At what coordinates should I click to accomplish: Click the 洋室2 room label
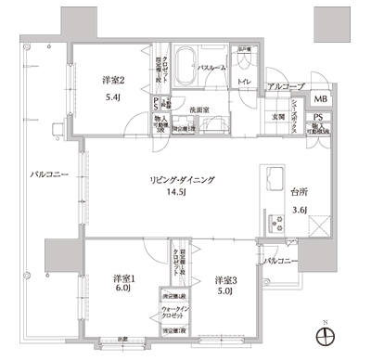(113, 80)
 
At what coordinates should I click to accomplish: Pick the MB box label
(319, 99)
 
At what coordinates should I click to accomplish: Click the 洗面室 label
(203, 109)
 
